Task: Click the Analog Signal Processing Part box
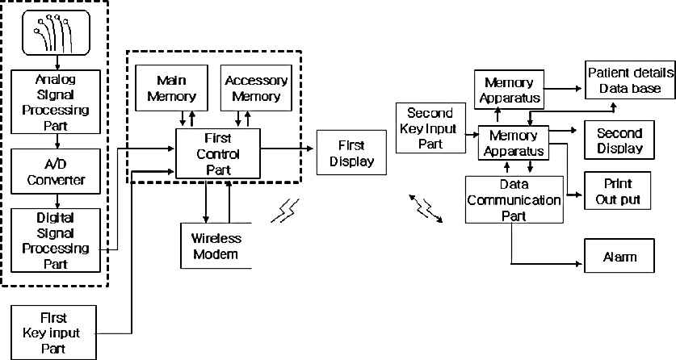(56, 102)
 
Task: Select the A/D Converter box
(56, 171)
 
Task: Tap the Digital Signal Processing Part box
(56, 241)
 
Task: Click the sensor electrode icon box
(57, 33)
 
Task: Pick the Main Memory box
(171, 88)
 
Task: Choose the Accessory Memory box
(256, 88)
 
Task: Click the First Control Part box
(218, 153)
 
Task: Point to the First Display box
(352, 153)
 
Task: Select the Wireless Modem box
(216, 246)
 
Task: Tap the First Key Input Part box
(53, 333)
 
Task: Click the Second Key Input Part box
(430, 128)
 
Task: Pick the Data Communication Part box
(514, 200)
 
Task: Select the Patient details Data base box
(630, 80)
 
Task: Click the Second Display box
(619, 140)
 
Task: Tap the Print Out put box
(617, 190)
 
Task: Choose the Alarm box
(619, 256)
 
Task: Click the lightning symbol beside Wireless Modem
(285, 211)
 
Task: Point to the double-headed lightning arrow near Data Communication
(426, 208)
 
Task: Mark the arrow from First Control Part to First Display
(288, 149)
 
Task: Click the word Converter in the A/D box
(56, 179)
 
